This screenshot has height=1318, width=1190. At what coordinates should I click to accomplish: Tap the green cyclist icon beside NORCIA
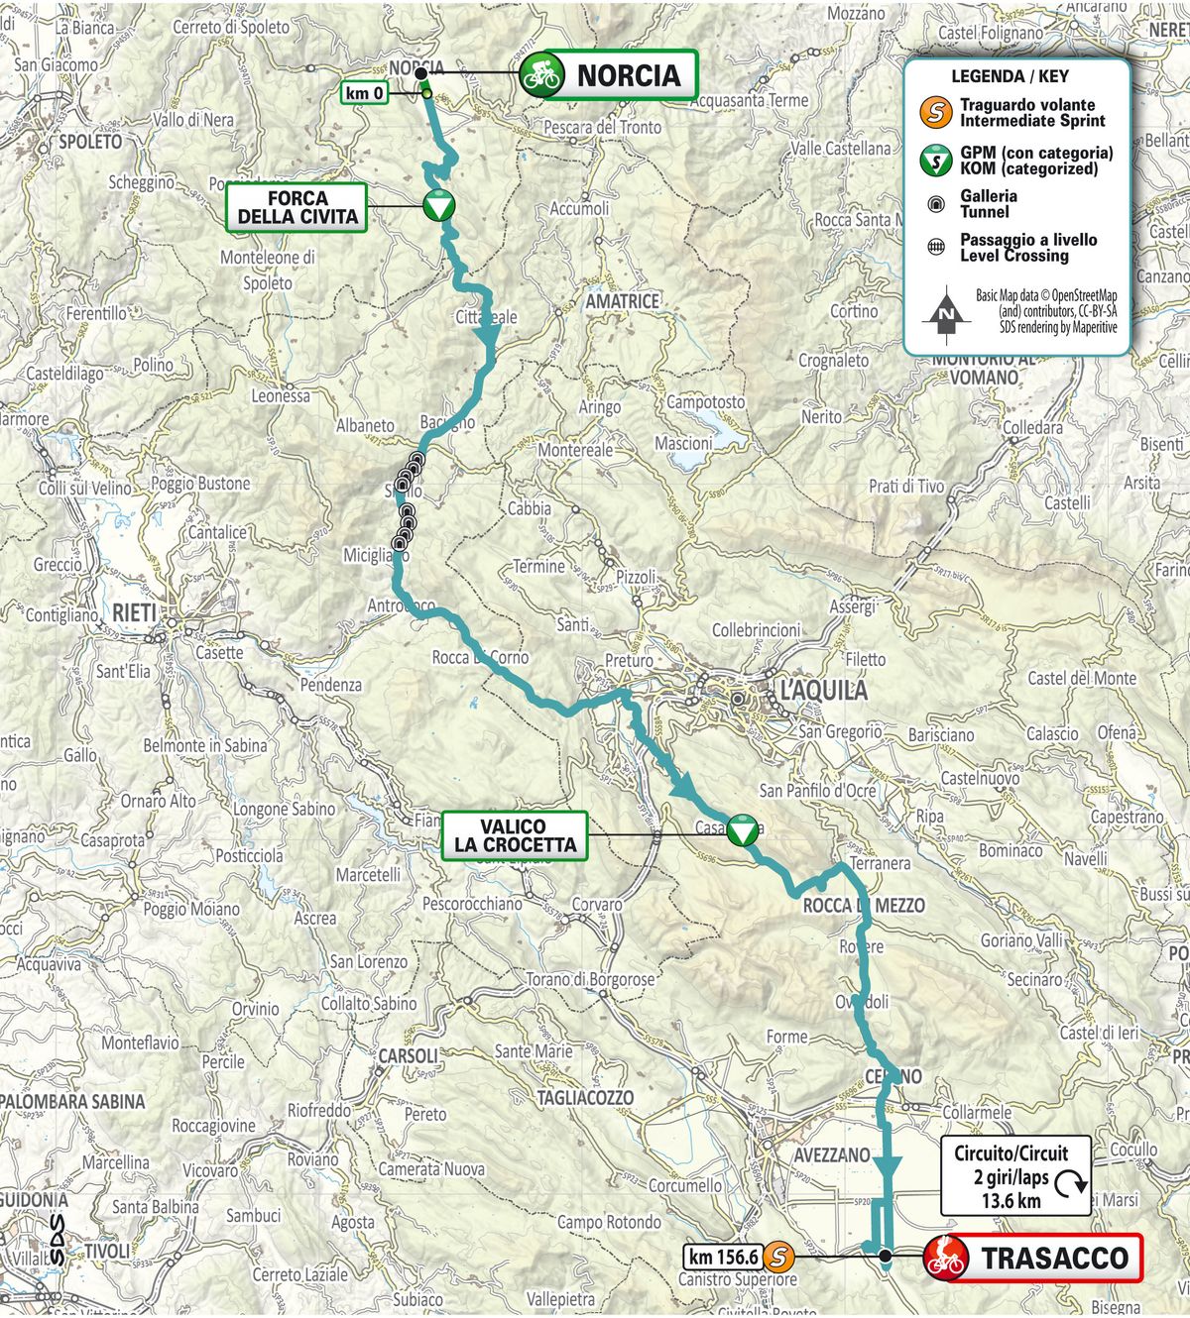pos(542,75)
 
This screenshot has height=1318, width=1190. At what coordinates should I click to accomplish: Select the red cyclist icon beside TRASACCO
pos(945,1258)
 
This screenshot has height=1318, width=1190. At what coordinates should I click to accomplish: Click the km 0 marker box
pos(365,93)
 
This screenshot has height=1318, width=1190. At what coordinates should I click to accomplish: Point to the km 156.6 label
pos(724,1257)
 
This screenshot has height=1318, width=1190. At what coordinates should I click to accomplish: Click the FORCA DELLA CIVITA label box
pos(297,207)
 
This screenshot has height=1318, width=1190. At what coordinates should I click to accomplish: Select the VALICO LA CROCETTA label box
pos(514,835)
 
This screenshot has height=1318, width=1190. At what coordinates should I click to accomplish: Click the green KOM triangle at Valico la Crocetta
pos(742,830)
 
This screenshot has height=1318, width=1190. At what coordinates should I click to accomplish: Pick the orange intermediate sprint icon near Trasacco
pos(779,1257)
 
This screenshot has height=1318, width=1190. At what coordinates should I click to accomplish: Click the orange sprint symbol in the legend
pos(935,112)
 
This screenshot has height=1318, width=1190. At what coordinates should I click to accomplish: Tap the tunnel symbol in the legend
pos(935,204)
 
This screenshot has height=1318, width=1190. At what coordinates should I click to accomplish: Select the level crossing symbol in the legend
pos(935,247)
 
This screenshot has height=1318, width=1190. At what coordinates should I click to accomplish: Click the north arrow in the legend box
pos(946,312)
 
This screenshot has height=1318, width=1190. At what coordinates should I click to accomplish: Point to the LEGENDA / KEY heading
pos(1010,76)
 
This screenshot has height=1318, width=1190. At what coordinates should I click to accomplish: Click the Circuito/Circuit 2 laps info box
pos(1014,1176)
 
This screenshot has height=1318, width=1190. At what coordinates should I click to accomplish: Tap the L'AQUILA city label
pos(822,691)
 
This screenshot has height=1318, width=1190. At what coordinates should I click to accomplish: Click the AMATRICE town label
pos(622,301)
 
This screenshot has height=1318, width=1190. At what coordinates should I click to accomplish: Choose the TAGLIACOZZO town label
pos(585,1098)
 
